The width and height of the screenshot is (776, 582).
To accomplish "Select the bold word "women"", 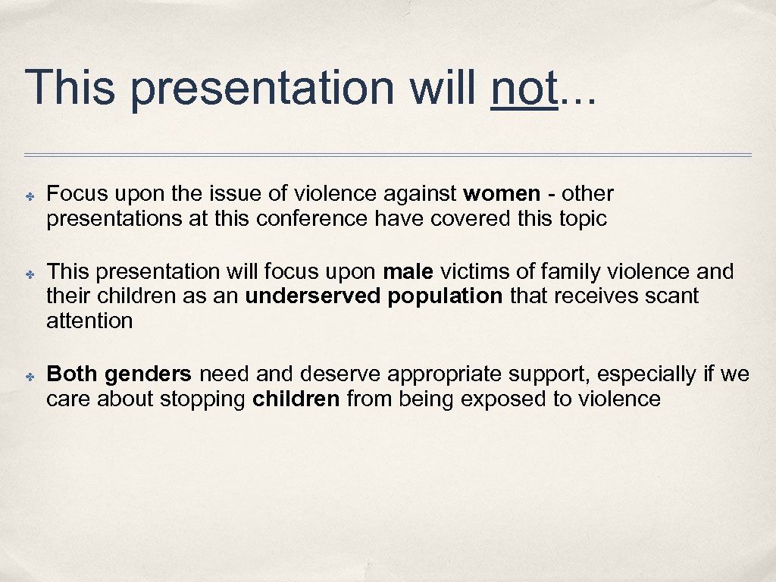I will [x=502, y=194].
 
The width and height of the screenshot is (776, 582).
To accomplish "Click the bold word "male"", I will [x=408, y=271].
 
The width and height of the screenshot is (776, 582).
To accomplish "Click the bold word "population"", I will [x=445, y=296].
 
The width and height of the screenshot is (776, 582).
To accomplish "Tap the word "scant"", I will [x=671, y=296].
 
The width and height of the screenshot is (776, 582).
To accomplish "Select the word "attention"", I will [x=89, y=321].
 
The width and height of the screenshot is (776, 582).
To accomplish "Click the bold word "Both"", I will [x=72, y=374].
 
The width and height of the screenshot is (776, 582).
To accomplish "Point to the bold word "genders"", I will [x=149, y=375].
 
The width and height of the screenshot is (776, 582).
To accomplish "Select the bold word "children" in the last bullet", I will [x=296, y=399].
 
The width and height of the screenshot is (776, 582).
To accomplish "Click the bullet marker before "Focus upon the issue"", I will [x=28, y=195].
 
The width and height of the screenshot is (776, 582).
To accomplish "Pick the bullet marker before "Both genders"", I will [x=28, y=376].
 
